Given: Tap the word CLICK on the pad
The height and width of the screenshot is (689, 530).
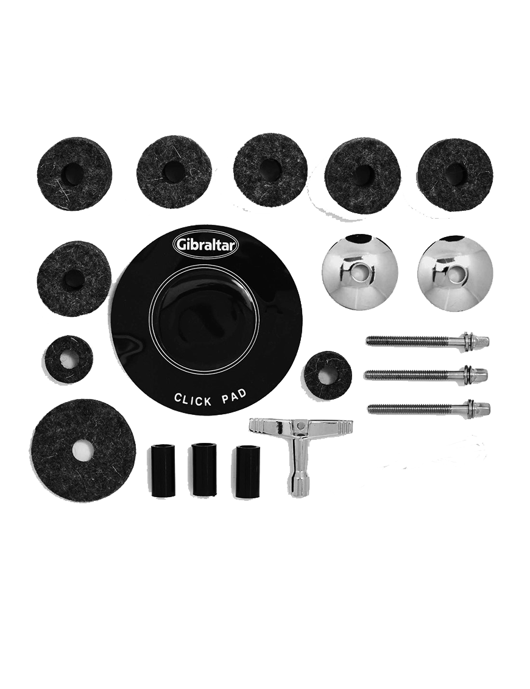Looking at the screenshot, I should pyautogui.click(x=193, y=400).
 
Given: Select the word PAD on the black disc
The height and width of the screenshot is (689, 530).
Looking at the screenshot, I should pyautogui.click(x=233, y=396).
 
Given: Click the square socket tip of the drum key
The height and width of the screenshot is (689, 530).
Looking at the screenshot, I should pyautogui.click(x=299, y=490).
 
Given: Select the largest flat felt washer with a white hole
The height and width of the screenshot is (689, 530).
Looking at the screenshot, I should pyautogui.click(x=83, y=450).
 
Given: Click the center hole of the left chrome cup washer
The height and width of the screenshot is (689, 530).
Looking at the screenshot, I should pyautogui.click(x=361, y=272).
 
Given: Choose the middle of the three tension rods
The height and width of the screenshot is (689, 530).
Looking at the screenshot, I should pyautogui.click(x=426, y=374).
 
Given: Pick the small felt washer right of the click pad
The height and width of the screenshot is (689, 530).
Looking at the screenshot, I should pyautogui.click(x=327, y=375).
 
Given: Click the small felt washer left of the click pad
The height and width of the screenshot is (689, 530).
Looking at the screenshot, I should pyautogui.click(x=69, y=359).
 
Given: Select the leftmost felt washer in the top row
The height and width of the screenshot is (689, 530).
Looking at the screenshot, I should pyautogui.click(x=74, y=174).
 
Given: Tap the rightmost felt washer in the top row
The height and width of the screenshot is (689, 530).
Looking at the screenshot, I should pyautogui.click(x=455, y=175).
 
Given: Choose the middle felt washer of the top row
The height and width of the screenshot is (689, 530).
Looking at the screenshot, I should pyautogui.click(x=270, y=170).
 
